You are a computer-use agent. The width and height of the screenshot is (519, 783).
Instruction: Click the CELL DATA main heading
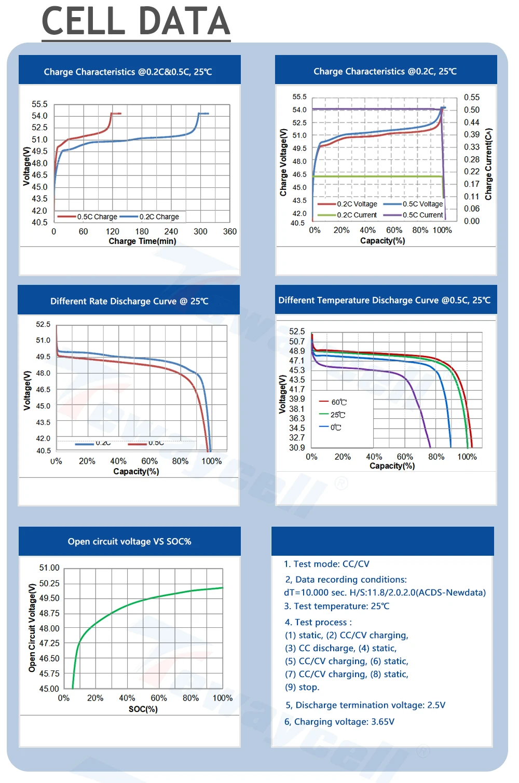pyautogui.click(x=136, y=22)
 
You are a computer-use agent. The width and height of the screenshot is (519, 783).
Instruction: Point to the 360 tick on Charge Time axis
pyautogui.click(x=230, y=232)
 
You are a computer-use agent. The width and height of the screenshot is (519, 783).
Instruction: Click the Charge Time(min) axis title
pyautogui.click(x=142, y=241)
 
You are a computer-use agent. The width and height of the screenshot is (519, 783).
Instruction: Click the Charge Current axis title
pyautogui.click(x=488, y=164)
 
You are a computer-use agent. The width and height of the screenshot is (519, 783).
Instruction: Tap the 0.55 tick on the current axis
pyautogui.click(x=472, y=98)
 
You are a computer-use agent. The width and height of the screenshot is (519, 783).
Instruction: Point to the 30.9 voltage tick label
pyautogui.click(x=297, y=448)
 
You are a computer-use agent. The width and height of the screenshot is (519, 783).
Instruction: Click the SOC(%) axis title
pyautogui.click(x=143, y=709)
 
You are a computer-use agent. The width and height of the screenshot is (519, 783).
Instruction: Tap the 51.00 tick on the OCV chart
pyautogui.click(x=49, y=568)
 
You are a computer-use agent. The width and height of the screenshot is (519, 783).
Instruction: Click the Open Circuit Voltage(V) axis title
pyautogui.click(x=32, y=628)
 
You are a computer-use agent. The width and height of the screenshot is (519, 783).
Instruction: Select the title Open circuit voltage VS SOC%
pyautogui.click(x=129, y=542)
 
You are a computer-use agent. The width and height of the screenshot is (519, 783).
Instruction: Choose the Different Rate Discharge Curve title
pyautogui.click(x=129, y=301)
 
